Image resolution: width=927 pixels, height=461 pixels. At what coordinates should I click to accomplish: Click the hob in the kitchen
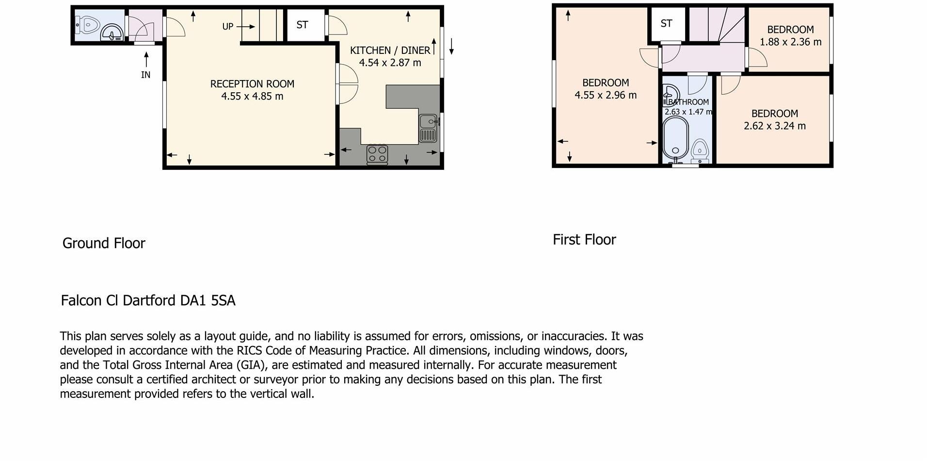click(377, 154)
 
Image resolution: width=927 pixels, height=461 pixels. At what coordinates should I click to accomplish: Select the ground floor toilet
click(88, 24)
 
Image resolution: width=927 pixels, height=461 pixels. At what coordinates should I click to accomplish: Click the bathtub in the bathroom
click(675, 138)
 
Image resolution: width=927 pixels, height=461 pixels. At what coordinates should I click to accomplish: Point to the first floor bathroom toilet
click(700, 149)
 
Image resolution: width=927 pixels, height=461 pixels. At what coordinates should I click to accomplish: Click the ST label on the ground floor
click(302, 25)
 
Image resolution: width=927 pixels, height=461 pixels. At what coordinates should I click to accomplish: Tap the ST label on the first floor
click(666, 23)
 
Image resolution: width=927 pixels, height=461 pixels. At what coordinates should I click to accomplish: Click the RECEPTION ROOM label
click(252, 84)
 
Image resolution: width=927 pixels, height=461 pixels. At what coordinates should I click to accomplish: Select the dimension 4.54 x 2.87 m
click(390, 63)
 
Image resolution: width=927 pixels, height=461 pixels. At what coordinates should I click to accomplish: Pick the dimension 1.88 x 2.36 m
click(790, 42)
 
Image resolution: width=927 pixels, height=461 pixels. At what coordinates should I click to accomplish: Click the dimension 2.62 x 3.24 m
click(774, 126)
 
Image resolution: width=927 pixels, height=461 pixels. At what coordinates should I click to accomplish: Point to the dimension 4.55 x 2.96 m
click(606, 95)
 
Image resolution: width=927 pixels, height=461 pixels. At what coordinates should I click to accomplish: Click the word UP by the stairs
click(227, 27)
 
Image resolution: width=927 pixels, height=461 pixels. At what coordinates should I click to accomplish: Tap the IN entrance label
click(145, 75)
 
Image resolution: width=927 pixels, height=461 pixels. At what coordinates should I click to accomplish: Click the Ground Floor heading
click(104, 243)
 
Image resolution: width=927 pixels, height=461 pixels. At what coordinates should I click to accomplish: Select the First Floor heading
click(584, 240)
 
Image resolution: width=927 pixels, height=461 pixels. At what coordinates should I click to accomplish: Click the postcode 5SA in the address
click(223, 300)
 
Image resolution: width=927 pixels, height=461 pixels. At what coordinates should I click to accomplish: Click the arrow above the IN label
click(146, 59)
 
